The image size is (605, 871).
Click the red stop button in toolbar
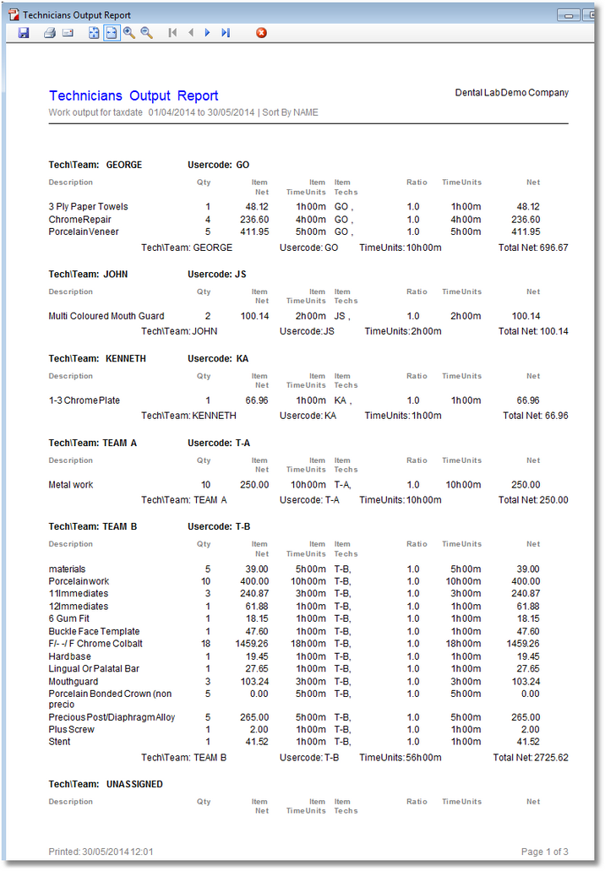(x=261, y=33)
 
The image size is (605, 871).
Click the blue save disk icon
(x=24, y=33)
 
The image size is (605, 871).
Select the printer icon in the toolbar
(x=49, y=33)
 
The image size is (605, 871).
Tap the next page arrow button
(x=207, y=33)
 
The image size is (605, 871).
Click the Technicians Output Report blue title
(x=134, y=96)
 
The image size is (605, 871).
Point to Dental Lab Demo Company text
(x=511, y=93)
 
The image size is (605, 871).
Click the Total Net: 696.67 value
(x=533, y=248)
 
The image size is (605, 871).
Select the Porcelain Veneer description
(x=84, y=231)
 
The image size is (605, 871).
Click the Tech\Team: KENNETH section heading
(x=97, y=359)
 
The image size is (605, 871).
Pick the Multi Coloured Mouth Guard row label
(x=102, y=316)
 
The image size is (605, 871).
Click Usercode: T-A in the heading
(x=219, y=443)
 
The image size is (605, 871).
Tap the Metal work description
(x=71, y=485)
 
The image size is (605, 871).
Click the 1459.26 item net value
(x=252, y=644)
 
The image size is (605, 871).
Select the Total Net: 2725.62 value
(x=531, y=758)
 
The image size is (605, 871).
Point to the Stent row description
(x=59, y=742)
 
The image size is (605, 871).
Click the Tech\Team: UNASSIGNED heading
(x=106, y=785)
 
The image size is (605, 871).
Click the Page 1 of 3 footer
(x=544, y=852)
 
